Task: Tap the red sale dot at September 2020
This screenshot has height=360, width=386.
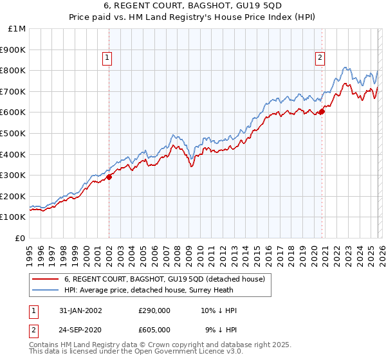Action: [x=322, y=111]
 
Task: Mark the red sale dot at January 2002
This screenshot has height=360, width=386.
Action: [x=109, y=177]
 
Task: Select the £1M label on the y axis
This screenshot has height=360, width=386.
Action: [x=17, y=28]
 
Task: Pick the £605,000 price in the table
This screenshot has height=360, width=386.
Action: [x=154, y=329]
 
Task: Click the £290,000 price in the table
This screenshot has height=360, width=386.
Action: [x=154, y=310]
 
